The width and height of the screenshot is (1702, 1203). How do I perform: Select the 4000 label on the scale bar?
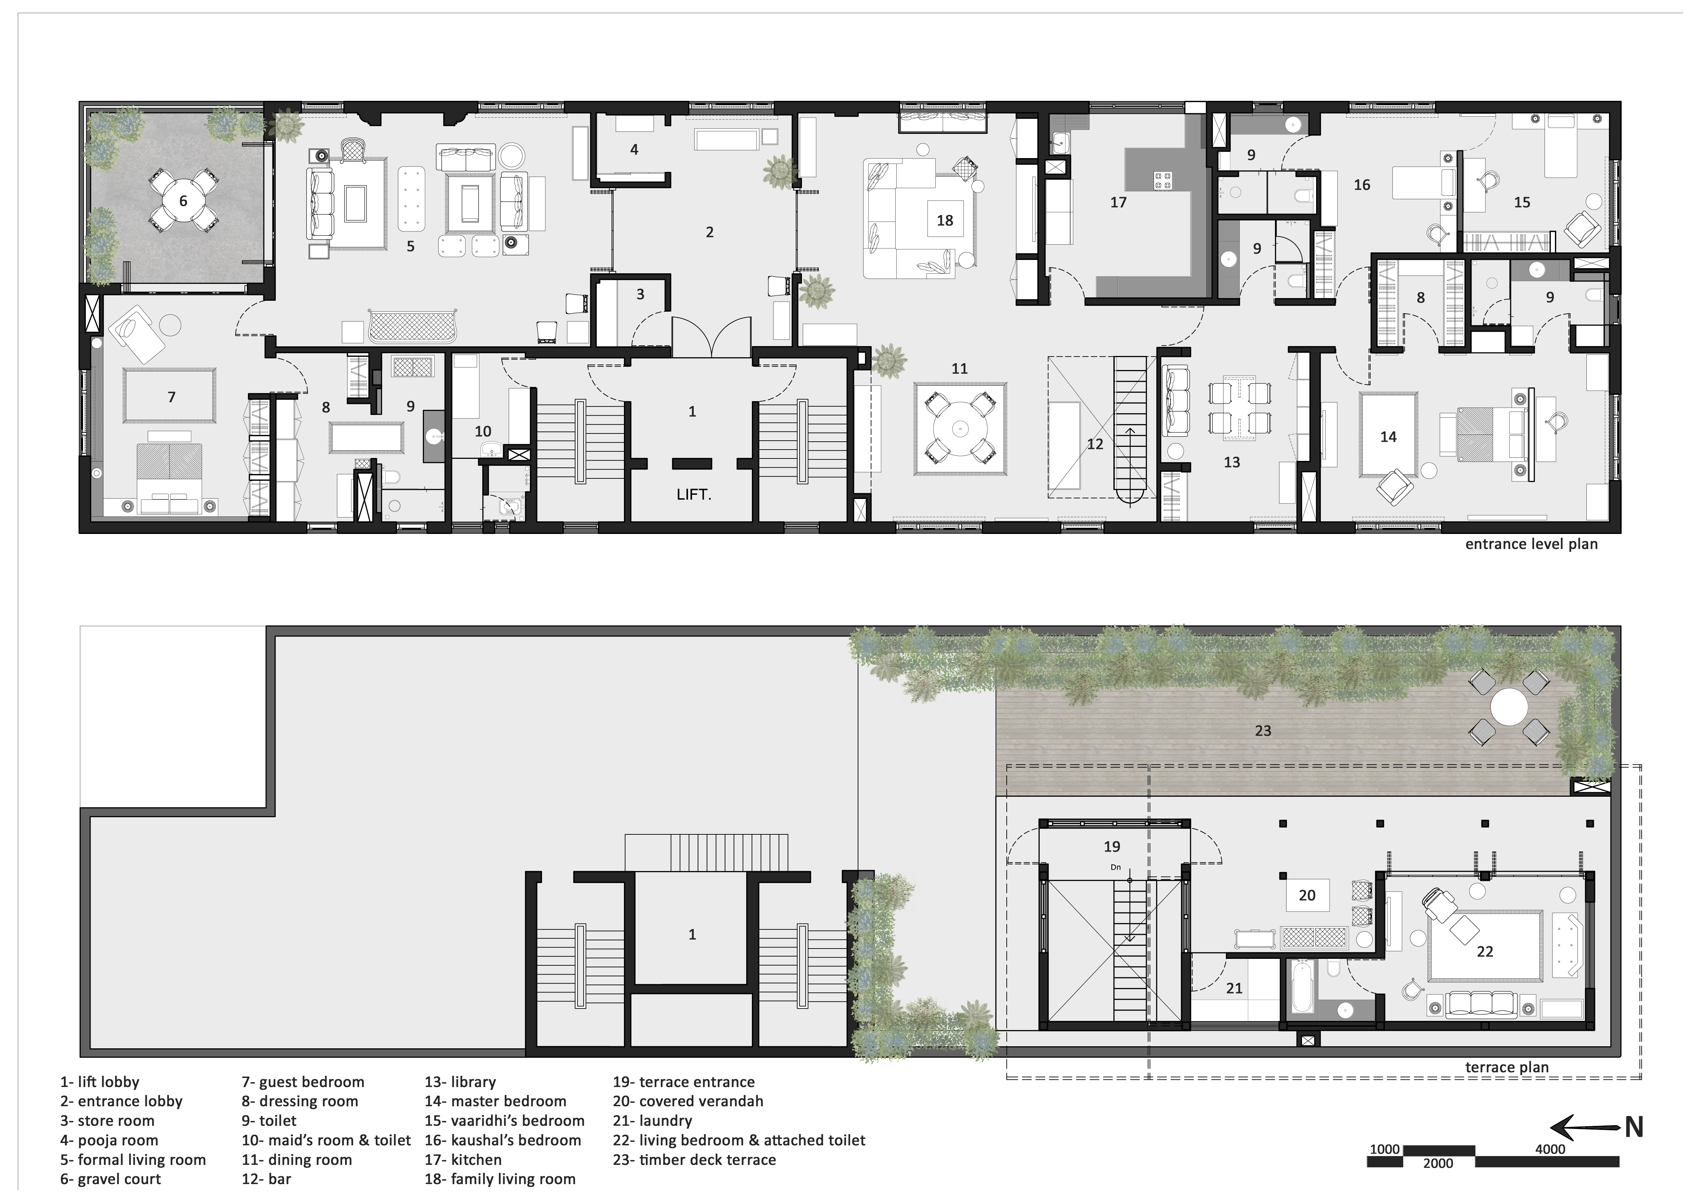tap(1550, 1149)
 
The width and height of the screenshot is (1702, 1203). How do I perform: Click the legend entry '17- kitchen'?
tap(463, 1159)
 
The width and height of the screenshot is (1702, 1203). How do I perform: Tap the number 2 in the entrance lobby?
tap(709, 232)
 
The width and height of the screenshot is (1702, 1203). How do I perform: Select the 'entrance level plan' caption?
tap(1532, 544)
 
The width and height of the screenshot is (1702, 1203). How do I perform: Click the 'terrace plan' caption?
tap(1507, 1067)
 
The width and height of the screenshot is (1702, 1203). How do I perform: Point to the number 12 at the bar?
tap(1095, 444)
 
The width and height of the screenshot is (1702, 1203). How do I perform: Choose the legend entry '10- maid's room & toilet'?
tap(326, 1140)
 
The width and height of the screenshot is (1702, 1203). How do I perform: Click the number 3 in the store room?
tap(640, 294)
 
